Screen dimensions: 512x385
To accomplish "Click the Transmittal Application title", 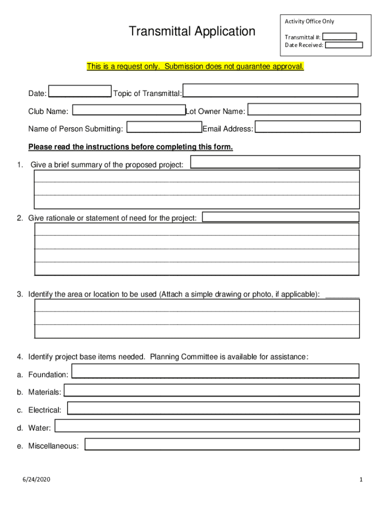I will click(x=192, y=31).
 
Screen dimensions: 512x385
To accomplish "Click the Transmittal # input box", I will click(x=339, y=36).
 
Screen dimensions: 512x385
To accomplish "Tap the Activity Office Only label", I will click(x=309, y=21).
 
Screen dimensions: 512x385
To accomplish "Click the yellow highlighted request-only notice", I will click(x=195, y=66).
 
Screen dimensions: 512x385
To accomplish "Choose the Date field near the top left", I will click(x=80, y=91).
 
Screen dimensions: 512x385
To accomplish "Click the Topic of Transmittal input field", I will click(x=270, y=90).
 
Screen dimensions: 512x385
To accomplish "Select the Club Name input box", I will click(x=129, y=110).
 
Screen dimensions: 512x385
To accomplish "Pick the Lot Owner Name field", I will click(x=304, y=109).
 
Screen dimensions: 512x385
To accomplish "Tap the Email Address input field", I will click(x=307, y=127).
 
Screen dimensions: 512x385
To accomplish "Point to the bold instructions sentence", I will click(x=130, y=147).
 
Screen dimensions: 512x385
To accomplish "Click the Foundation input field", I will click(x=215, y=371).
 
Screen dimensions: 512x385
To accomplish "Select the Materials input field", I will click(x=211, y=390).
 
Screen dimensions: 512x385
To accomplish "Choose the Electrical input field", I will click(x=213, y=408).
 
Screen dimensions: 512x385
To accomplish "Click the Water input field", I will click(x=207, y=426).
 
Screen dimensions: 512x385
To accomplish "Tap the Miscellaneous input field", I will click(x=222, y=444).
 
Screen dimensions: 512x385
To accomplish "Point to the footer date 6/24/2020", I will click(x=36, y=480).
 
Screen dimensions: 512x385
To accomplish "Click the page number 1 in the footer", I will click(x=360, y=480).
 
